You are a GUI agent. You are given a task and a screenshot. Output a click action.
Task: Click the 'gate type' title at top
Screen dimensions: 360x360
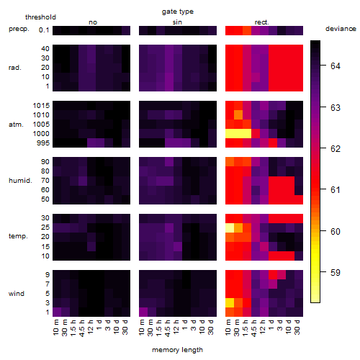coord(178,12)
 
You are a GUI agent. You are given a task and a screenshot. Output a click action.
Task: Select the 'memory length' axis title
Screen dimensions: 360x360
coord(177,350)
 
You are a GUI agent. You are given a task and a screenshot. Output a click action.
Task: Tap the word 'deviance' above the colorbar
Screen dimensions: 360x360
coord(341,29)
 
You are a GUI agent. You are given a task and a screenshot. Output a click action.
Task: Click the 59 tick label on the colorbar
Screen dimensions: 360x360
coord(336,272)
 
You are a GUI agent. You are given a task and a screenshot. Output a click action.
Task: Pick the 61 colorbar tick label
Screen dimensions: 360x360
coord(336,190)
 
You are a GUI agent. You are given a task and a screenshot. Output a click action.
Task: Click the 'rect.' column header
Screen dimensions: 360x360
coord(261,22)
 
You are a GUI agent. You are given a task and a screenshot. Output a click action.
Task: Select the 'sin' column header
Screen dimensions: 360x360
coord(177,22)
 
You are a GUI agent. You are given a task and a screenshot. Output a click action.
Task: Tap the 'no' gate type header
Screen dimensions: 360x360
coord(93,22)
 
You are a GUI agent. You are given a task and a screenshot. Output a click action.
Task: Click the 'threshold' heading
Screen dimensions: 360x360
coord(40,17)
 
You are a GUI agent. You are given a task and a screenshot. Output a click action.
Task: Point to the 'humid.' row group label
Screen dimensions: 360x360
coord(20,181)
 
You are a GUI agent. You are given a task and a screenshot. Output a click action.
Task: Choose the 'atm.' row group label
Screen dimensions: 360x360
coord(16,125)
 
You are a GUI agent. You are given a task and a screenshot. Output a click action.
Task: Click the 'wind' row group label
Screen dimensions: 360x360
coord(17,294)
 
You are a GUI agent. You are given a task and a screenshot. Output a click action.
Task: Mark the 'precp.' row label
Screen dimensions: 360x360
coord(19,29)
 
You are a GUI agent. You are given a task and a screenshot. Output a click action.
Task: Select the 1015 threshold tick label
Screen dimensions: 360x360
coord(41,106)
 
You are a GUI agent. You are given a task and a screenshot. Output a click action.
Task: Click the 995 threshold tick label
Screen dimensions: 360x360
coord(43,143)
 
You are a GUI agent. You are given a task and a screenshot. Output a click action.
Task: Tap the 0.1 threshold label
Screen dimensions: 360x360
coord(44,30)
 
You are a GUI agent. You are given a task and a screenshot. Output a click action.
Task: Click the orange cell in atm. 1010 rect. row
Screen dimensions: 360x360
coord(238,114)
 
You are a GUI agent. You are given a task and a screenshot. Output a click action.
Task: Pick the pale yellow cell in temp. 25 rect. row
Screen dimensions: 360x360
coord(230,228)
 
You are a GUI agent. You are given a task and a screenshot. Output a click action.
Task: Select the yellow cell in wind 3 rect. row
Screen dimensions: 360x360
coord(230,302)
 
